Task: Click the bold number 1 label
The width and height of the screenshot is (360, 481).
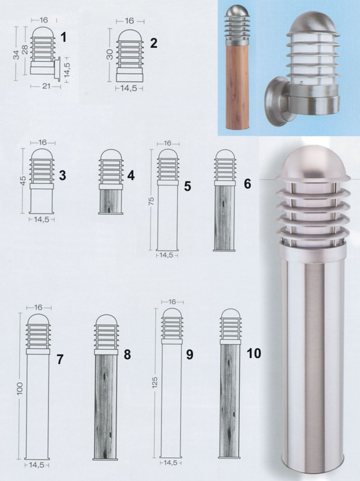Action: click(x=63, y=37)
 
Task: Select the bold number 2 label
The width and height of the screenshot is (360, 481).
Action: click(x=153, y=43)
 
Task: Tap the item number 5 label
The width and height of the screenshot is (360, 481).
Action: click(x=188, y=186)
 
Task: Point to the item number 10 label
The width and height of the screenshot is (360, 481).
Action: click(x=254, y=353)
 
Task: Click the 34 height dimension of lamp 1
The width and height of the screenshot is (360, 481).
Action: click(x=16, y=54)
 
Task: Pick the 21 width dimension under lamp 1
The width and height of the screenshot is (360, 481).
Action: click(x=46, y=86)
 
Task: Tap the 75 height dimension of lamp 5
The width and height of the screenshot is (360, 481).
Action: click(x=152, y=201)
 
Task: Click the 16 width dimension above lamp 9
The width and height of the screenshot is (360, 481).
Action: click(x=172, y=302)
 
